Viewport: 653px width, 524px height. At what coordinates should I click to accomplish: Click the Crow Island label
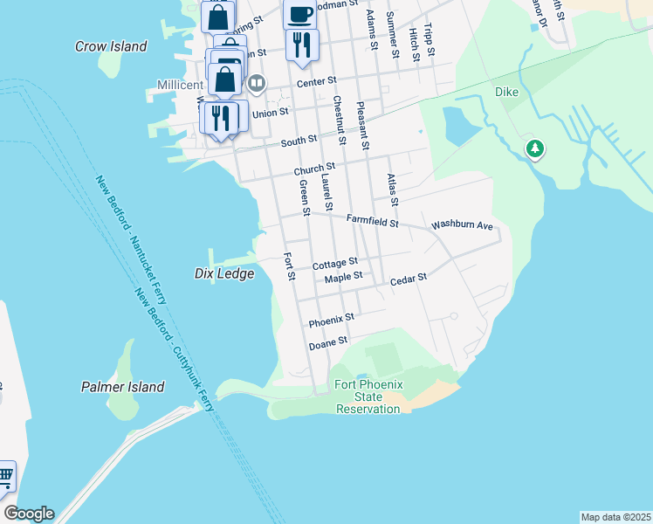click(111, 46)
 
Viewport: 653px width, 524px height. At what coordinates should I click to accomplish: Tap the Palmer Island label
click(122, 386)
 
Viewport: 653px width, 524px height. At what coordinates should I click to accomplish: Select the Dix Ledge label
click(223, 273)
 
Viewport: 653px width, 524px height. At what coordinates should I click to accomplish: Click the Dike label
click(507, 91)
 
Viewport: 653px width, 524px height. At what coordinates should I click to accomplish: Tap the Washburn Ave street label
click(463, 225)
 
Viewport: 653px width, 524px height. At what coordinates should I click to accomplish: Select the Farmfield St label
click(372, 223)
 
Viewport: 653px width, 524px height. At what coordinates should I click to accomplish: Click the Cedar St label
click(408, 279)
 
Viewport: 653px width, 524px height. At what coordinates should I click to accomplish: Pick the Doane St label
click(329, 342)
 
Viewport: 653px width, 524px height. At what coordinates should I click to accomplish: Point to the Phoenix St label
click(331, 320)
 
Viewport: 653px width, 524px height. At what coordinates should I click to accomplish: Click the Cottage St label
click(335, 263)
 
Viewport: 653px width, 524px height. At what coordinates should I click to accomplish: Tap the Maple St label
click(343, 278)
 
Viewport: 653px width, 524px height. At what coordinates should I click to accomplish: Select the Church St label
click(314, 169)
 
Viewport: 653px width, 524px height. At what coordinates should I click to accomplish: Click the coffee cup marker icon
click(299, 14)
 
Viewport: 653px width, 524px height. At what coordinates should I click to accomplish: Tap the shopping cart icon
click(5, 477)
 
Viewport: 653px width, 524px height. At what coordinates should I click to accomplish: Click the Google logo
click(29, 514)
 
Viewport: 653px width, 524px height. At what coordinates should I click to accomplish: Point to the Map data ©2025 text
click(615, 516)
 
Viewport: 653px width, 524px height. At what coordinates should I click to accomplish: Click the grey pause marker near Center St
click(257, 83)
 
